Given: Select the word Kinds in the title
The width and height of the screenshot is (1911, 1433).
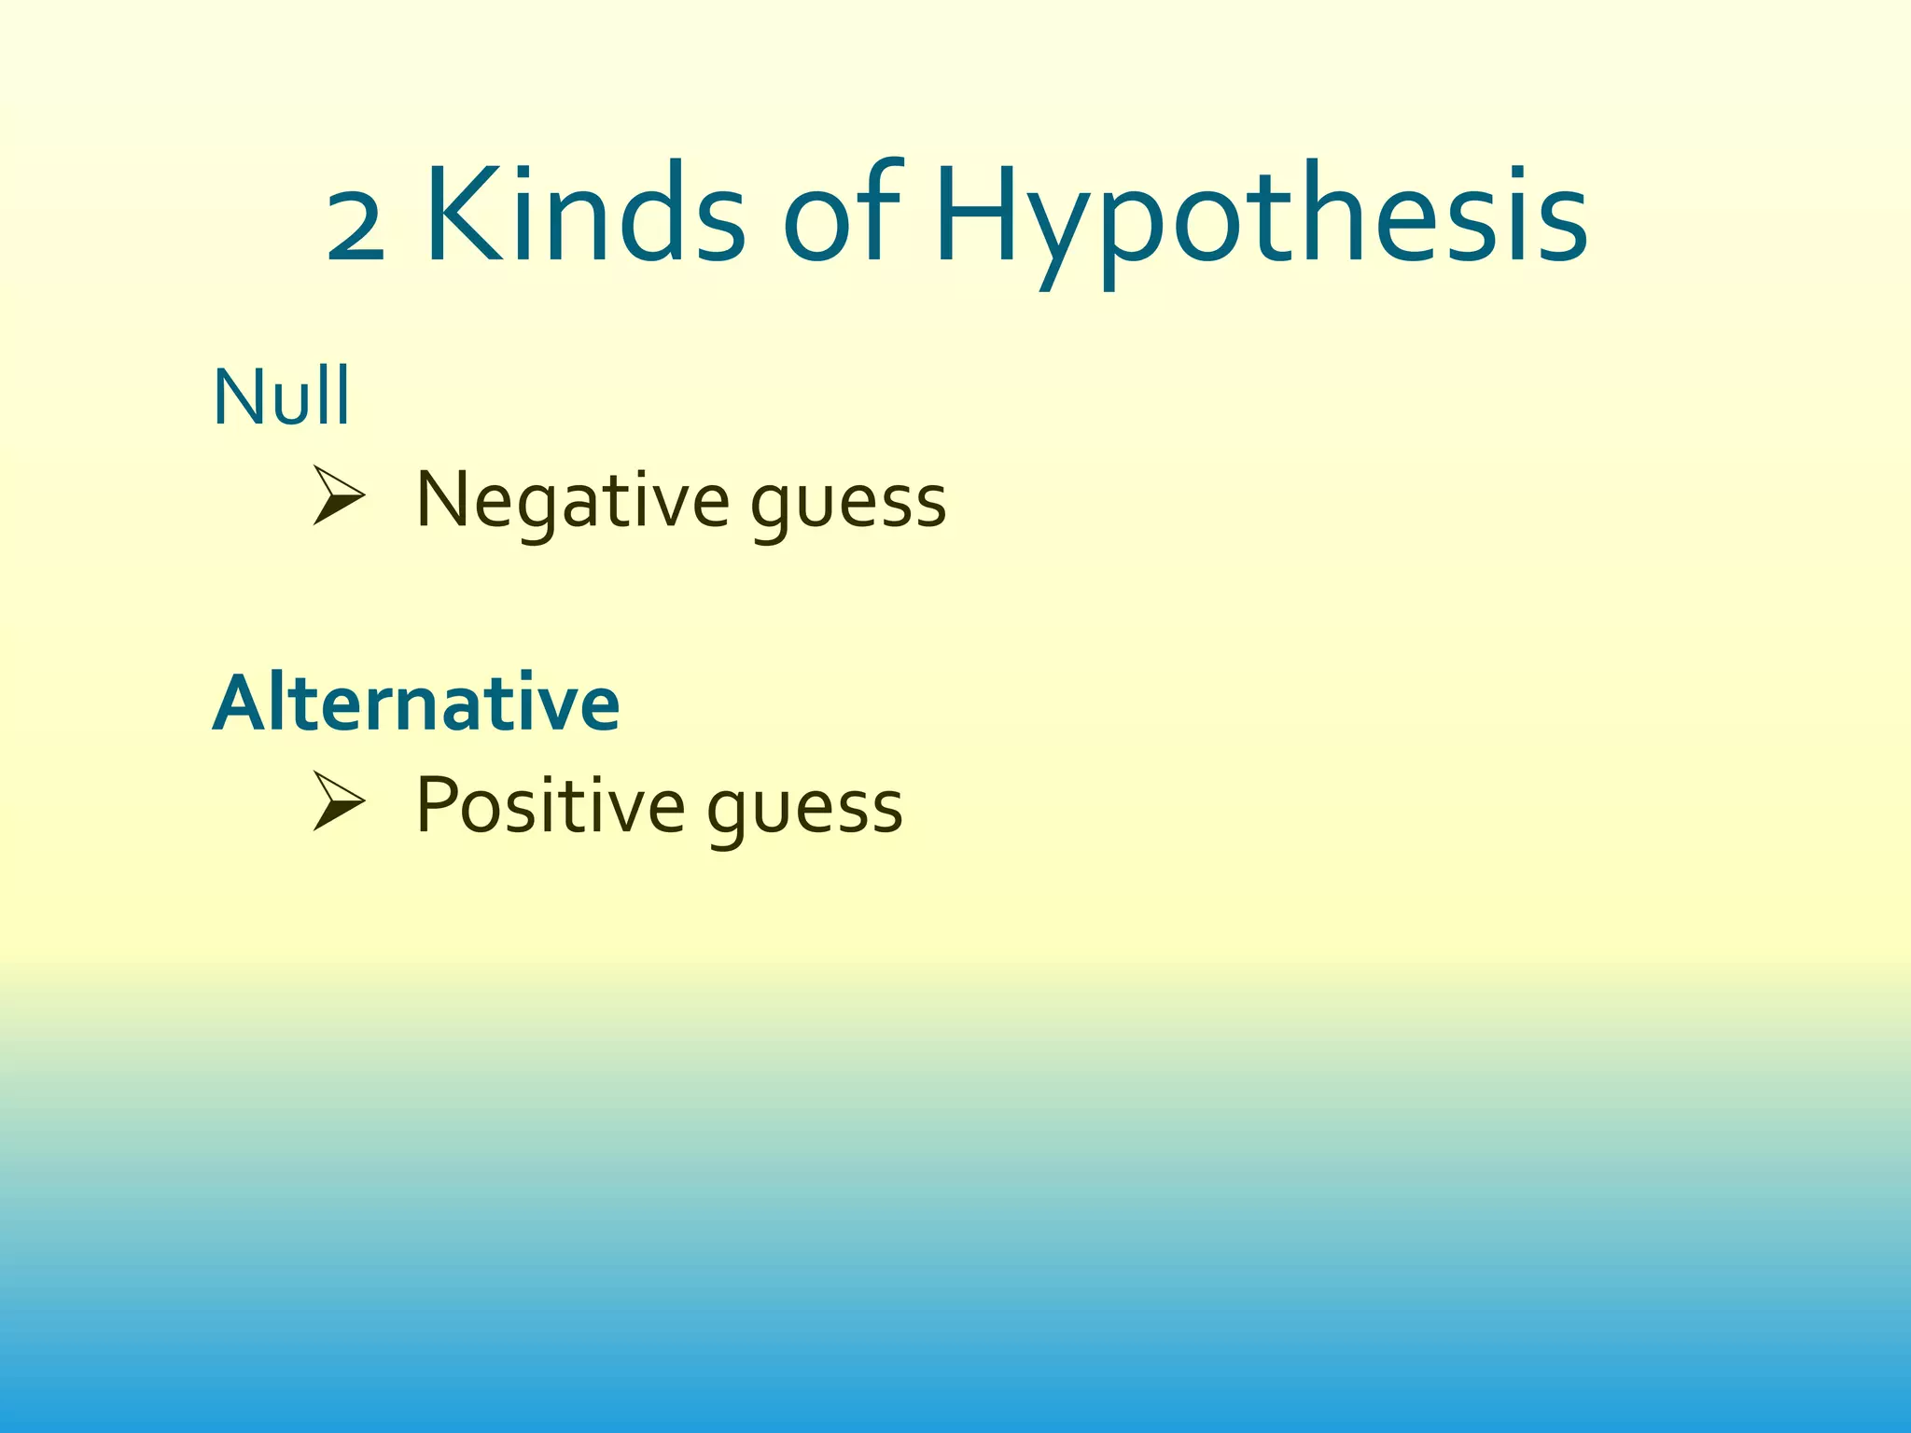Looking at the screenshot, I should coord(585,214).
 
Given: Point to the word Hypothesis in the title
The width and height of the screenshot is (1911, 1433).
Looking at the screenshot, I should coord(1261,219).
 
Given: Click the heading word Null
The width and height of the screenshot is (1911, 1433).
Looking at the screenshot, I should coord(281,397).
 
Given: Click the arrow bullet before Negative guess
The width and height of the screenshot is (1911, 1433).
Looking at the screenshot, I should coord(337,495).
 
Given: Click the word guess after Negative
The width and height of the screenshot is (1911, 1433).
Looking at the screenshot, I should coord(848,505).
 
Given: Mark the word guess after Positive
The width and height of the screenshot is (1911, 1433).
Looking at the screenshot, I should coord(805,809).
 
